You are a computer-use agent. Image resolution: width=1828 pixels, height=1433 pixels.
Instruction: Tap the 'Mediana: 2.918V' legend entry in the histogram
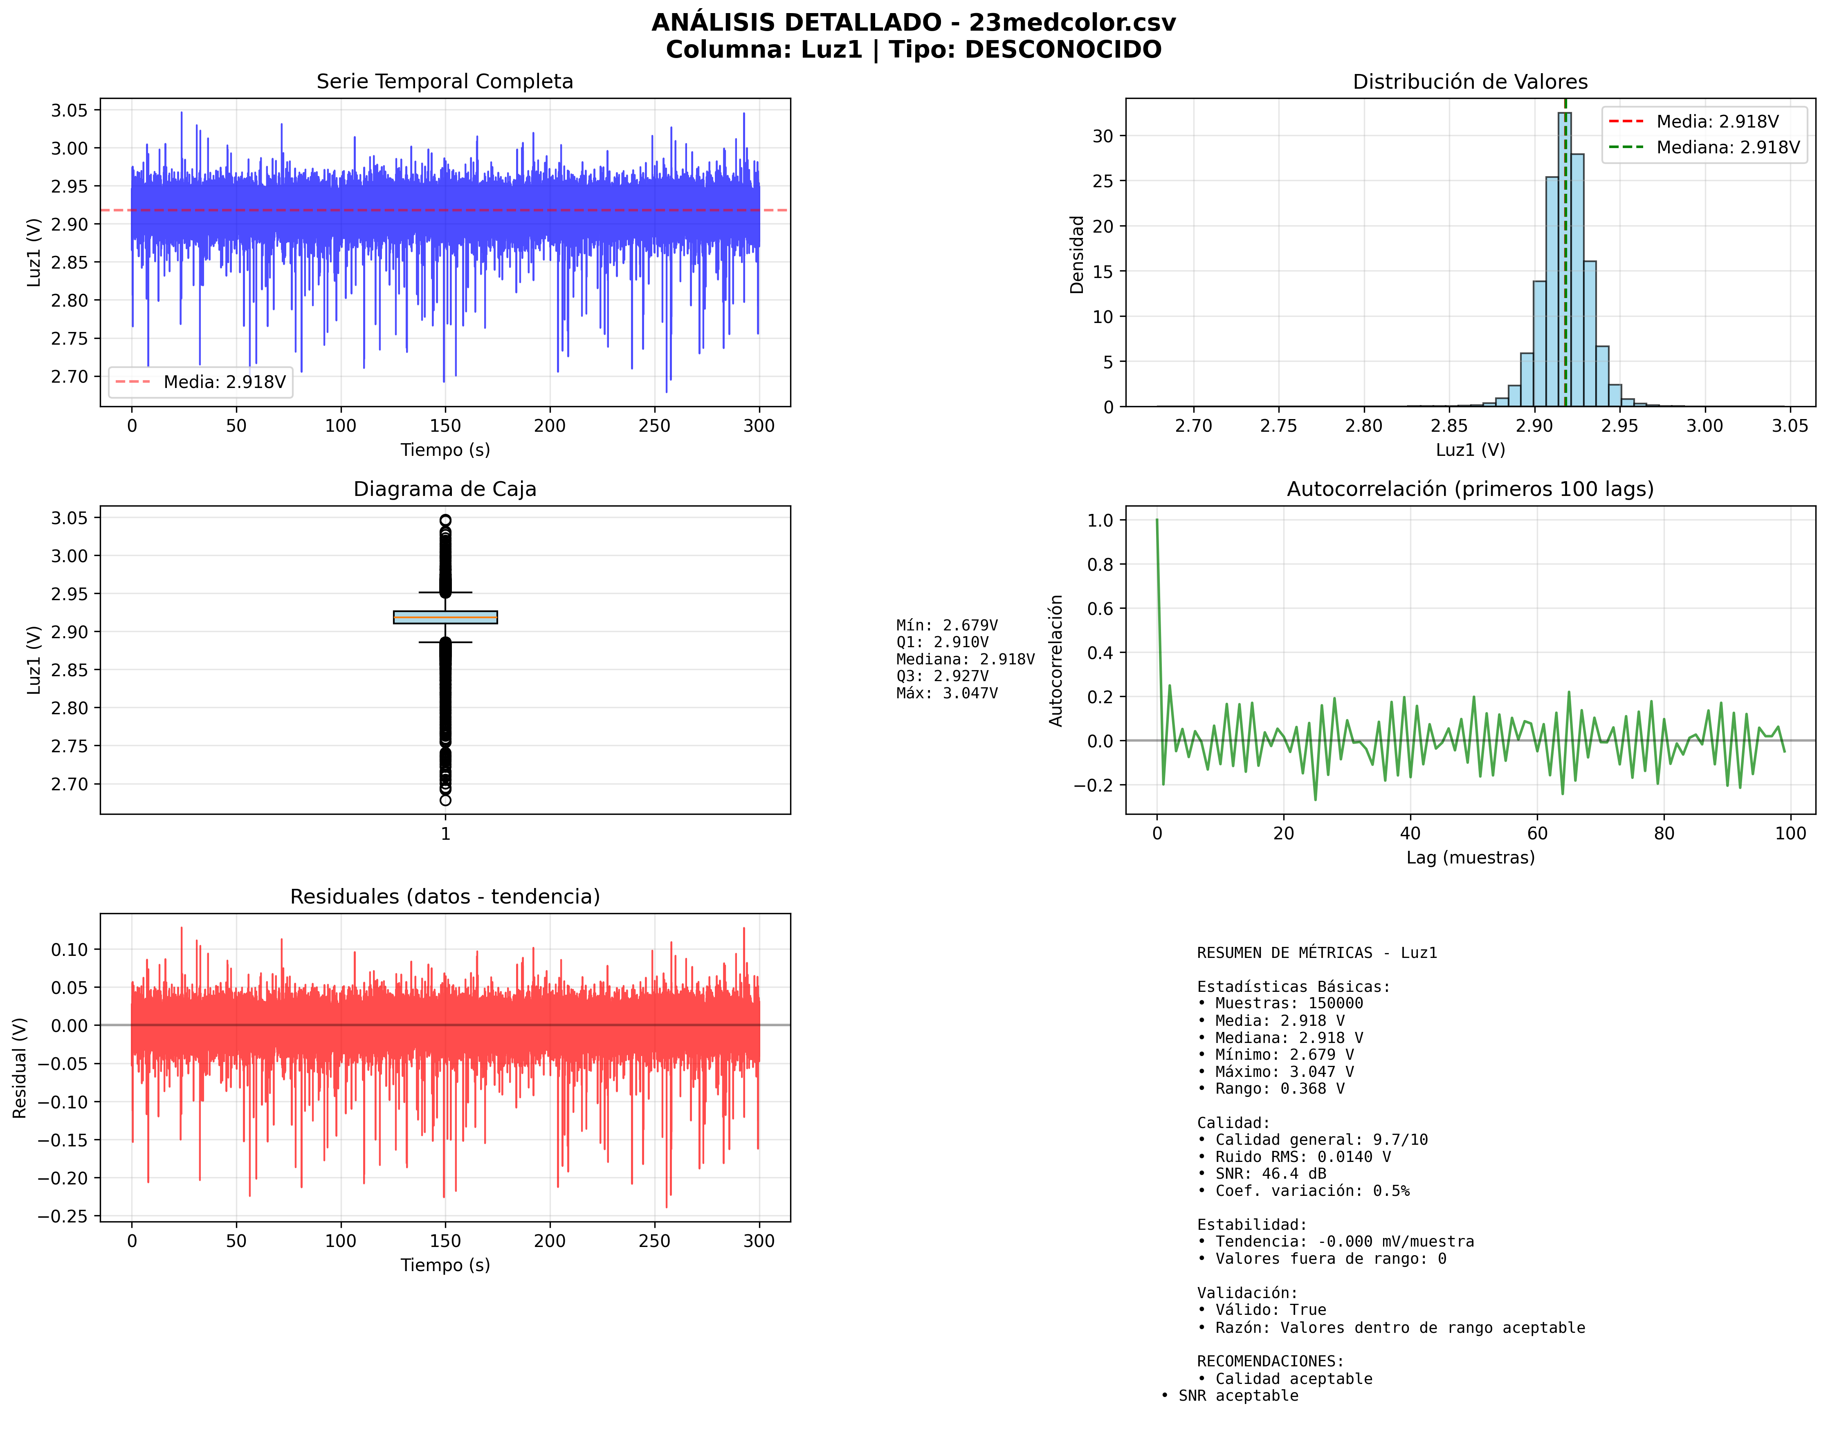tap(1727, 148)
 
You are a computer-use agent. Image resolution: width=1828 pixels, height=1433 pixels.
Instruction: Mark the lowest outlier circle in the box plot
tap(445, 800)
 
